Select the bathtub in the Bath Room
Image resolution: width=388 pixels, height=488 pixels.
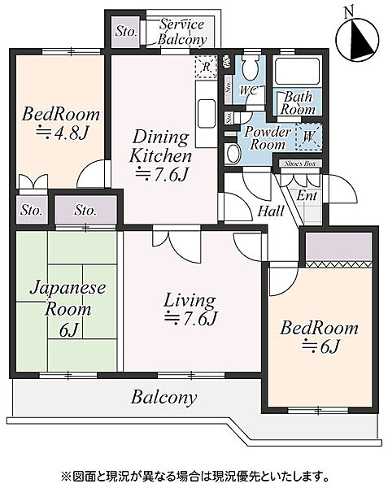point(298,71)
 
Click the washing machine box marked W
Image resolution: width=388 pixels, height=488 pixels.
point(309,137)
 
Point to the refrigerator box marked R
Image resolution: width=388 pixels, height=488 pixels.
point(206,67)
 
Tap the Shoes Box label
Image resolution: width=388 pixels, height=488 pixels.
point(300,163)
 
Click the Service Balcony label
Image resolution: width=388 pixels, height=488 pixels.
point(182,32)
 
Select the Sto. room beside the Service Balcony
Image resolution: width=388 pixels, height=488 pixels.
point(126,32)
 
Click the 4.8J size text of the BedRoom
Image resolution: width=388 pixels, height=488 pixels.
point(62,133)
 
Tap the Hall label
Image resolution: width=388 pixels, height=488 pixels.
point(271,211)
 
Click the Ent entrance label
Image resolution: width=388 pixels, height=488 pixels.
point(307,196)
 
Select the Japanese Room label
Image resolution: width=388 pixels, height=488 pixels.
point(68,298)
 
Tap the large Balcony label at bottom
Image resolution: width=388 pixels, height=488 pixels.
point(163,398)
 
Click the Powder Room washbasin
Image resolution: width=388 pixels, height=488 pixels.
point(232,154)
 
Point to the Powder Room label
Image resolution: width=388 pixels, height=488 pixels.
point(268,138)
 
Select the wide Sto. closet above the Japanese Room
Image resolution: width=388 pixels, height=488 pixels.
point(86,209)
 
